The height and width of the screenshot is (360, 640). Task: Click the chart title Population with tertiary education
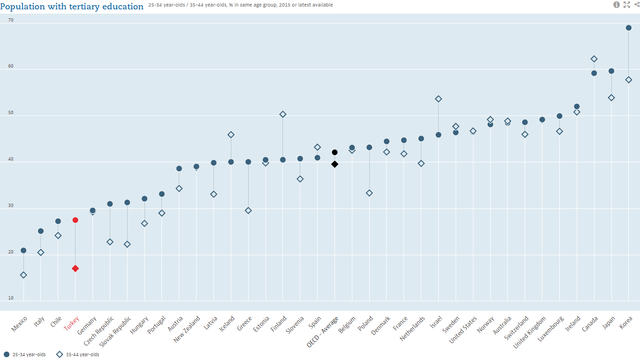[72, 7]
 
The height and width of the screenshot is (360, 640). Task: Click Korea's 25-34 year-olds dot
[629, 28]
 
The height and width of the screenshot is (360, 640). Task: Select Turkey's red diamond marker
[75, 268]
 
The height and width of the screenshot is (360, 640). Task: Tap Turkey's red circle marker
[75, 220]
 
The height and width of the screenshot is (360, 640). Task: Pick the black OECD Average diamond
[335, 164]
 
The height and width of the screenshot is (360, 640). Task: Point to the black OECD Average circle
[335, 152]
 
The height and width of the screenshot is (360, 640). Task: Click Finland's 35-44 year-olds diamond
[283, 115]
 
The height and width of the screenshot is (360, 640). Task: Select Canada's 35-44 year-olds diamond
[594, 59]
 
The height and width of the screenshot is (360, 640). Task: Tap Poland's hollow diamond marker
[369, 193]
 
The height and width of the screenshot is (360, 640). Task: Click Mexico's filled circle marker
[23, 251]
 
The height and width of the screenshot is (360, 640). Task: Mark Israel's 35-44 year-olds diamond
[438, 99]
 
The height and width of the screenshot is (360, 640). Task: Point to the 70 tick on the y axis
[11, 20]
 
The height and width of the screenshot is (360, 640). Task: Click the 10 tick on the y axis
[11, 298]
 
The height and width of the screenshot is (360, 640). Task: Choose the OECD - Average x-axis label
[323, 331]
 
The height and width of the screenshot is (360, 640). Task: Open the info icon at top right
[617, 5]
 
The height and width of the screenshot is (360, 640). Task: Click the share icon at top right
[637, 5]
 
